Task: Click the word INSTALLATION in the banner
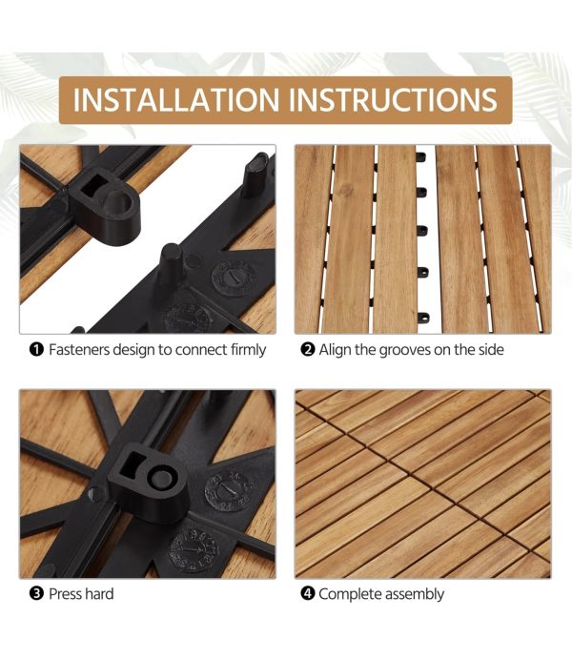pos(176,100)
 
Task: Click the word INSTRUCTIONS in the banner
pos(393,100)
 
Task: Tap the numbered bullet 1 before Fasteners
pos(36,349)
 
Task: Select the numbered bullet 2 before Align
pos(307,349)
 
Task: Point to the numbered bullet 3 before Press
pos(36,594)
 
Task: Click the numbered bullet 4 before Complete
pos(307,594)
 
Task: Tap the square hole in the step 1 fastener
pos(93,184)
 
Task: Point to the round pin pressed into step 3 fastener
pos(161,479)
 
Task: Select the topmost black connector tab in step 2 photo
pos(420,157)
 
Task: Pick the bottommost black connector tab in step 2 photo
pos(423,317)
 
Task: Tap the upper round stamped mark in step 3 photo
pos(229,491)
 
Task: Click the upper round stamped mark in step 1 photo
pos(235,277)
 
